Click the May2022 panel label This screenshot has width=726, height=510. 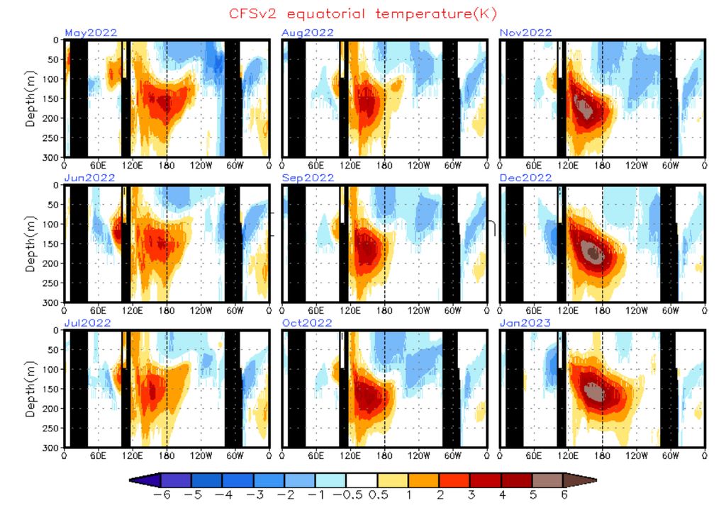[x=90, y=33]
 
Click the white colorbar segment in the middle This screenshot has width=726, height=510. [x=362, y=480]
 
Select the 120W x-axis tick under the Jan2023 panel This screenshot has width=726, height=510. [x=636, y=455]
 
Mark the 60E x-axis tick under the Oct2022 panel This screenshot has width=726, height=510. [x=315, y=455]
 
